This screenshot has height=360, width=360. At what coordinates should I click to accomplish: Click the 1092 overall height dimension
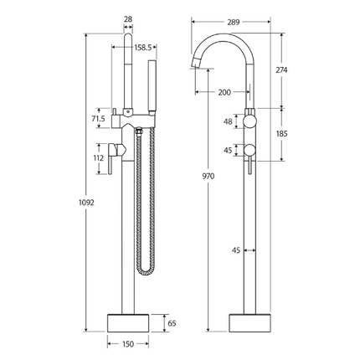75,202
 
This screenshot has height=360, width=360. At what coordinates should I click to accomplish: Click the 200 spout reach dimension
224,92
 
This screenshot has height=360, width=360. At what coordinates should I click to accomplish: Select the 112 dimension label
99,157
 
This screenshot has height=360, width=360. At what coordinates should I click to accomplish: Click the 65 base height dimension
172,321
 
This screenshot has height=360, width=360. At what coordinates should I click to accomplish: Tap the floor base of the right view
249,321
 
